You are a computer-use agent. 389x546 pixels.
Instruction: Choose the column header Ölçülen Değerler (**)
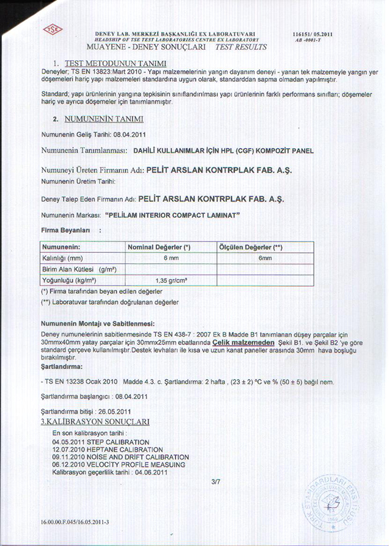tap(251, 246)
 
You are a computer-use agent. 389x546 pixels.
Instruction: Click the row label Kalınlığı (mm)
tap(62, 258)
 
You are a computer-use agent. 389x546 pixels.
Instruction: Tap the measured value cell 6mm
tap(265, 258)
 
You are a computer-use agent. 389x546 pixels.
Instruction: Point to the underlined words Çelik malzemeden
tap(239, 341)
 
